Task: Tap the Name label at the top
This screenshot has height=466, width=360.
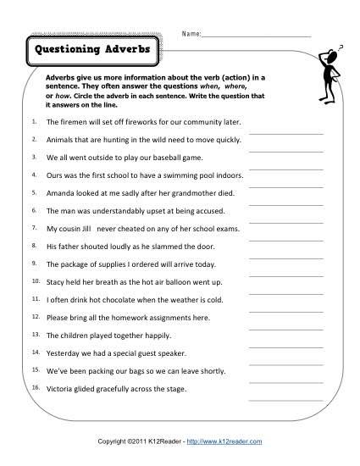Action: pos(190,35)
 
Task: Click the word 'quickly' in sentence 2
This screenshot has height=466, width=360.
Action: pos(219,140)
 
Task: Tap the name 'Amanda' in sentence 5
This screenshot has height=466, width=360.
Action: pos(61,193)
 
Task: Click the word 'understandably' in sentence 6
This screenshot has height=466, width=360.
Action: pos(127,211)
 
